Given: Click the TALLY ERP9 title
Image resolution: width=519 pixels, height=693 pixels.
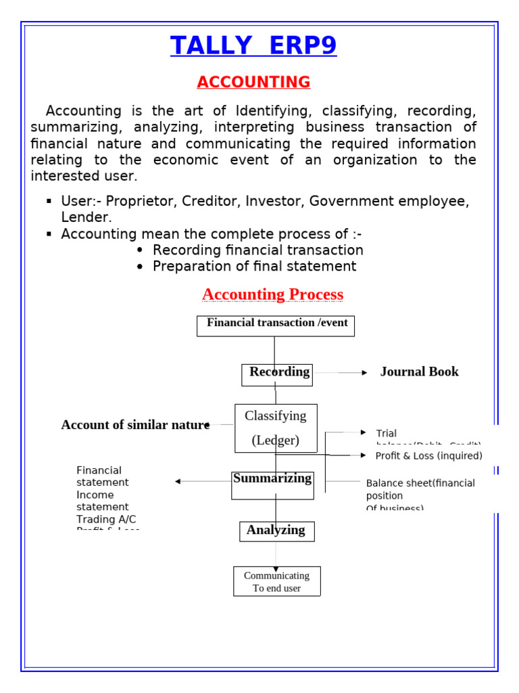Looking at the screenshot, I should click(x=253, y=45).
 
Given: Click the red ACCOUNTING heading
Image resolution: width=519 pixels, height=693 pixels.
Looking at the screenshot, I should click(x=253, y=82).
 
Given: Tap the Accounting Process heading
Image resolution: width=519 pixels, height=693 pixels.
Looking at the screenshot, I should click(x=272, y=294).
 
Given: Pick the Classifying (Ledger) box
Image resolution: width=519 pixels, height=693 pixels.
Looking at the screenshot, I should click(x=276, y=428).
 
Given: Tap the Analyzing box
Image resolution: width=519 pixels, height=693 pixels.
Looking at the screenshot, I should click(x=276, y=531).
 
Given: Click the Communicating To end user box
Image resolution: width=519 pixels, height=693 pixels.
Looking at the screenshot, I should click(x=277, y=581).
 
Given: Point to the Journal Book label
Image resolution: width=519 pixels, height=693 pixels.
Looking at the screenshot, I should click(x=419, y=372).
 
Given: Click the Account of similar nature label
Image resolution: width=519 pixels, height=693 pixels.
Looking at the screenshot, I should click(x=134, y=425).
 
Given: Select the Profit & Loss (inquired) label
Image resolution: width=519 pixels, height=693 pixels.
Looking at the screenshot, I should click(x=428, y=455).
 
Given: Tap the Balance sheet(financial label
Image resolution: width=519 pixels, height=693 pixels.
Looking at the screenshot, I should click(x=420, y=483).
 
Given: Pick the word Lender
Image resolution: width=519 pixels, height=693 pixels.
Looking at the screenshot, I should click(x=86, y=217).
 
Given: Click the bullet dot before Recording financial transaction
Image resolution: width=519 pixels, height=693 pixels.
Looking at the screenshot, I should click(x=140, y=250).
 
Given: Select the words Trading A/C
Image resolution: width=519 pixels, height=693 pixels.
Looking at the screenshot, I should click(x=106, y=519).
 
